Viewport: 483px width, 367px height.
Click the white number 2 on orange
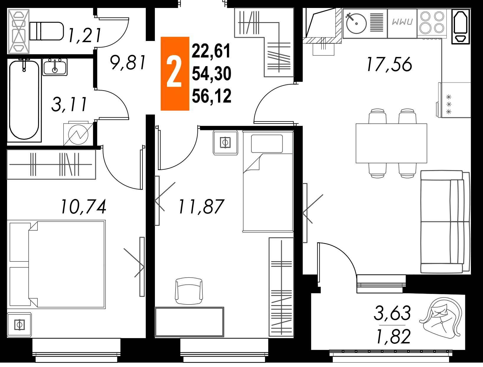coord(174,72)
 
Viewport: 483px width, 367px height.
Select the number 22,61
coord(211,51)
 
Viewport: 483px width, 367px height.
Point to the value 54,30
coord(211,73)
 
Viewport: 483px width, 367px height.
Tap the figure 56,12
coord(211,96)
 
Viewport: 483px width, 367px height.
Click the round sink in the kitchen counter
coord(356,24)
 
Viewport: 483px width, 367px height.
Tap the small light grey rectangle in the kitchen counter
coord(402,21)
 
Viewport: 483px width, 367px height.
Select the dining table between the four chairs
coord(391,144)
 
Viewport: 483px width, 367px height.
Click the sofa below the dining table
coord(445,221)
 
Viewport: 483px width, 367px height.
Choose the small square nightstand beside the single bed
coord(225,143)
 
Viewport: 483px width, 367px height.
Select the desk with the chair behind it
coord(189,322)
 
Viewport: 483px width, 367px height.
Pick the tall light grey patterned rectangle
coord(19,31)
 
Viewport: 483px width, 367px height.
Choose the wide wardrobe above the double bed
coord(52,165)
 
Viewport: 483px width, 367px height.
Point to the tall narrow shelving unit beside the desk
coord(280,286)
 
